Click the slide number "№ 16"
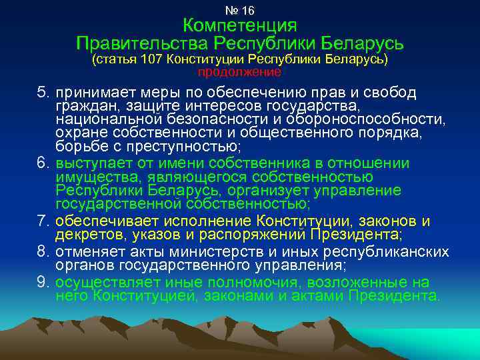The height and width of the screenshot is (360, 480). pyautogui.click(x=240, y=11)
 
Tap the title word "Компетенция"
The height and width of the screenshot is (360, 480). pyautogui.click(x=240, y=26)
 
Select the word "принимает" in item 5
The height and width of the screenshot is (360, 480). pyautogui.click(x=87, y=93)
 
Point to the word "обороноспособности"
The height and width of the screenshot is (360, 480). pyautogui.click(x=380, y=119)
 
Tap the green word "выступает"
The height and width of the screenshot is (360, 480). pyautogui.click(x=88, y=164)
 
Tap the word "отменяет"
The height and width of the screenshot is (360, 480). pyautogui.click(x=86, y=253)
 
